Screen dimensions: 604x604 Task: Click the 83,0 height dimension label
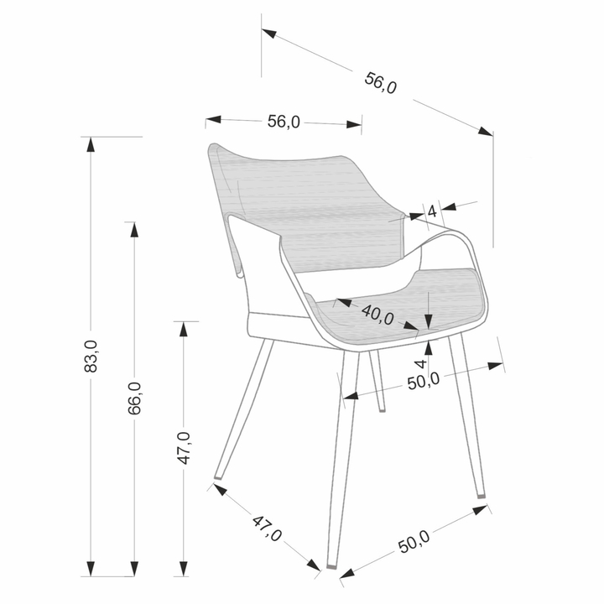tap(91, 357)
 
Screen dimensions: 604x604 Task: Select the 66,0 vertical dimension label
tap(134, 398)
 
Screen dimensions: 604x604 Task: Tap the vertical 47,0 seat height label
tap(184, 448)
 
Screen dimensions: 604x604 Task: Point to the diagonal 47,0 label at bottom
tap(267, 528)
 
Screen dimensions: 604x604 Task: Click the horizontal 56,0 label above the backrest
tap(284, 122)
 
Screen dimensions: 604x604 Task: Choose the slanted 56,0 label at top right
tap(380, 83)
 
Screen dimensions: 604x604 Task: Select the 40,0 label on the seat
tap(377, 315)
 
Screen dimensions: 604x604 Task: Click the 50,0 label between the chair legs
tap(424, 382)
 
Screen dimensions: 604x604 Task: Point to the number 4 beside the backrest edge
tap(432, 211)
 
